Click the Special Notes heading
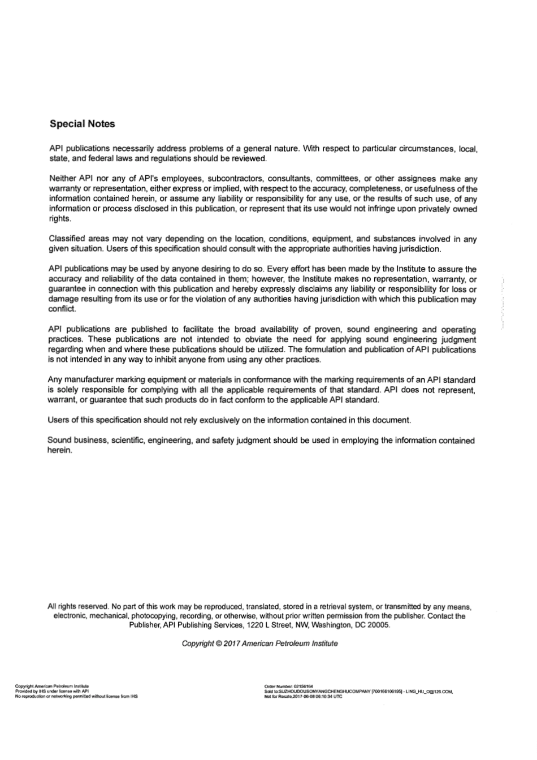point(82,123)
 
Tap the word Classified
point(67,239)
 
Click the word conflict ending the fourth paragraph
point(62,309)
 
